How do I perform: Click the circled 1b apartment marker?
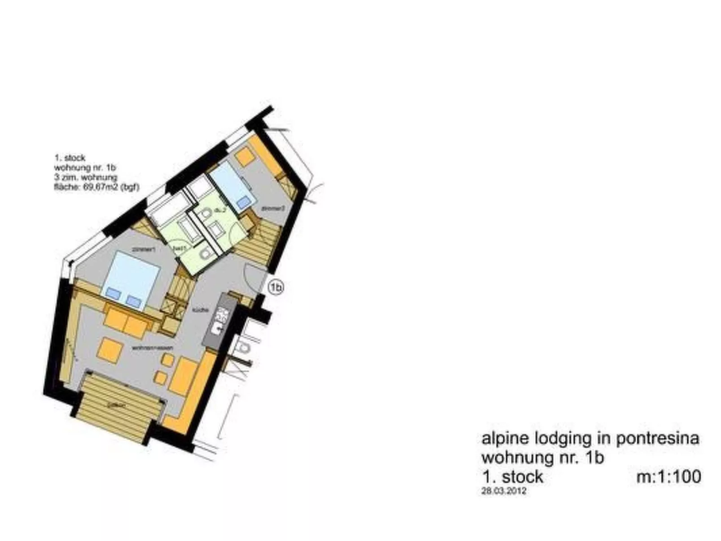pos(277,287)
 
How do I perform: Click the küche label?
pos(198,310)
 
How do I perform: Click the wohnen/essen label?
pos(153,348)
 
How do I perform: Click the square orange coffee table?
pos(110,350)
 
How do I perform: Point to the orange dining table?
pos(183,376)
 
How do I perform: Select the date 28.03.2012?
pos(503,491)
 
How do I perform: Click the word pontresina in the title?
pos(657,438)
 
